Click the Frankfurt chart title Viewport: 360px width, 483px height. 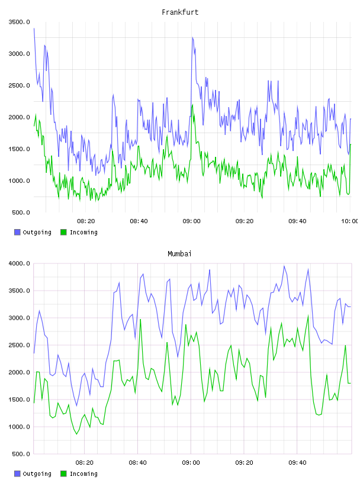180,12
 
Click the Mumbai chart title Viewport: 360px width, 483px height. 179,254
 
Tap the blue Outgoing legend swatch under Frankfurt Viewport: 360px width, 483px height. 17,232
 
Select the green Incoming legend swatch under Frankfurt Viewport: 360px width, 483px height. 63,232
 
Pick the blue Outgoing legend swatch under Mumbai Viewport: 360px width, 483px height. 17,474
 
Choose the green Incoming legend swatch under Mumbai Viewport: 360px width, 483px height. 63,474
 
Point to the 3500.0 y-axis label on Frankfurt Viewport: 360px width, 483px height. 20,22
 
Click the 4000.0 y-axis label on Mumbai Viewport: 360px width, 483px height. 20,263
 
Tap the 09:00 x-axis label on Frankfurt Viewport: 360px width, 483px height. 191,221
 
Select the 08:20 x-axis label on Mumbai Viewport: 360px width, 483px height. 84,463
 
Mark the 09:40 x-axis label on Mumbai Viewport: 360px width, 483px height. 297,463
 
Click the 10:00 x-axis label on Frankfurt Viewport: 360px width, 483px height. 349,221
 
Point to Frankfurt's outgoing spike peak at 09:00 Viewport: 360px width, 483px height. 192,37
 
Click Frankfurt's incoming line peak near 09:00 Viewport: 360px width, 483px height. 192,105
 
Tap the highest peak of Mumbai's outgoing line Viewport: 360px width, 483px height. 284,266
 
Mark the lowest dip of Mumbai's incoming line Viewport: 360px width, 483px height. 77,434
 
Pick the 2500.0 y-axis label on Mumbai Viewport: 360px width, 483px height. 20,345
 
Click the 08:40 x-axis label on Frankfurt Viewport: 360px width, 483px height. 139,221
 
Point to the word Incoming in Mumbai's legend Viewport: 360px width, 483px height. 83,474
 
